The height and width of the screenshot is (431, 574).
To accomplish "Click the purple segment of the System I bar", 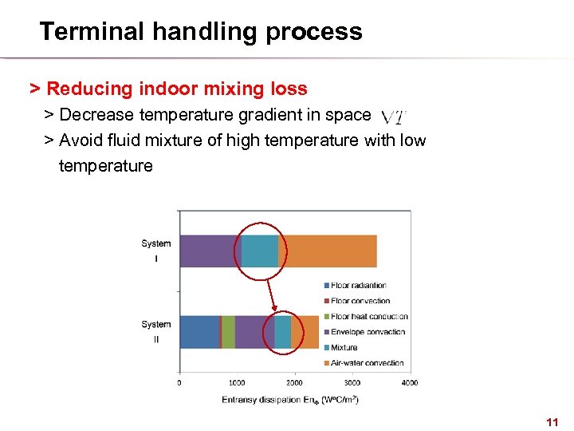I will pos(209,251).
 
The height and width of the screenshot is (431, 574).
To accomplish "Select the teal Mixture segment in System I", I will pos(260,251).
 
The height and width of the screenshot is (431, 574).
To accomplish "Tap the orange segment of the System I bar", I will pos(328,251).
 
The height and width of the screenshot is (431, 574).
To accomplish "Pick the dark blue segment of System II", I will pos(199,331).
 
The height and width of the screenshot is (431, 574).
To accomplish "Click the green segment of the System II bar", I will pos(228,331).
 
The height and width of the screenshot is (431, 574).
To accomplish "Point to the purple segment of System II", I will pos(254,331).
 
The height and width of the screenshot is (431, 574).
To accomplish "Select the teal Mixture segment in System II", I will pos(283,331).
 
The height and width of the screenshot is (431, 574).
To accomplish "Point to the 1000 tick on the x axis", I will pos(237,382).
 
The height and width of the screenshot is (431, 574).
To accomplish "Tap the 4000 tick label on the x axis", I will pos(409,382).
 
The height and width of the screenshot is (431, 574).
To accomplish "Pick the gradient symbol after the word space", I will pos(393,117).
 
